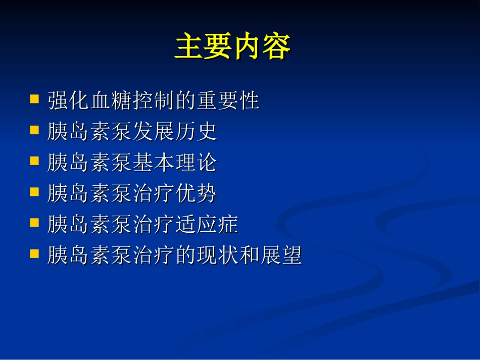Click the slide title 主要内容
[x=232, y=48]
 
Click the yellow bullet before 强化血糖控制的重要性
[x=34, y=98]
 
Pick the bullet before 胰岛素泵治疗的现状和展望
[x=34, y=253]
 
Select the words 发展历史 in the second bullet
[x=175, y=132]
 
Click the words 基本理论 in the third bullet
[x=175, y=163]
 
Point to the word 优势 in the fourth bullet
[x=196, y=194]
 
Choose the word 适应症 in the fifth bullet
[x=207, y=225]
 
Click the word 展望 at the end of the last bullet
[x=281, y=256]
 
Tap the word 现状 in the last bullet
[x=217, y=256]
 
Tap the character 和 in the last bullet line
[x=249, y=256]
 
